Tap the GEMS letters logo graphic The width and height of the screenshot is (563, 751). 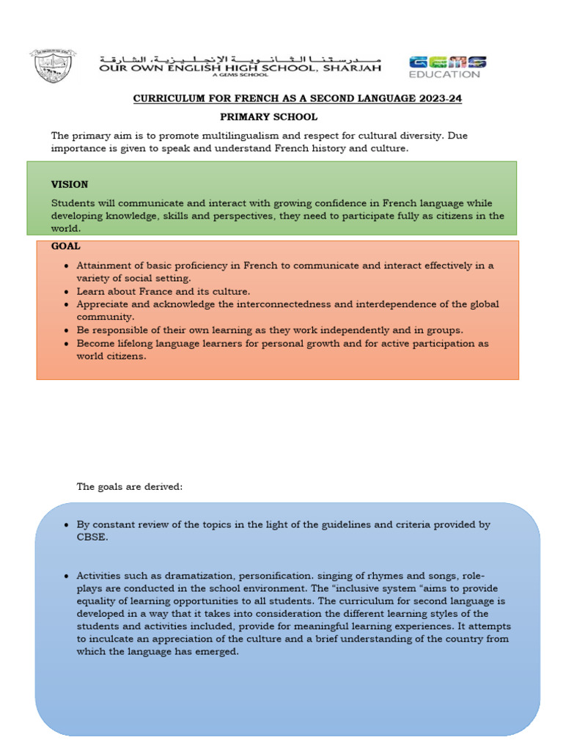coord(447,62)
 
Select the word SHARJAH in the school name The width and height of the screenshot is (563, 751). coord(353,67)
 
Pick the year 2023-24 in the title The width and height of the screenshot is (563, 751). coord(438,98)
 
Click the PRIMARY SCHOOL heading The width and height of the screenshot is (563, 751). coord(269,117)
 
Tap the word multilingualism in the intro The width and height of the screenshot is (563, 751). coord(212,136)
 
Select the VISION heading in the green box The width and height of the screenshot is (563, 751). coord(69,184)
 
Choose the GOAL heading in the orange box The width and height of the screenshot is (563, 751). coord(66,246)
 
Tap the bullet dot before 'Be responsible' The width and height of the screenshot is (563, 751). coord(67,330)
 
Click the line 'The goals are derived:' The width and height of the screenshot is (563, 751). coord(129,486)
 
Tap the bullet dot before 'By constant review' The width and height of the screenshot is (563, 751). coord(67,525)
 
